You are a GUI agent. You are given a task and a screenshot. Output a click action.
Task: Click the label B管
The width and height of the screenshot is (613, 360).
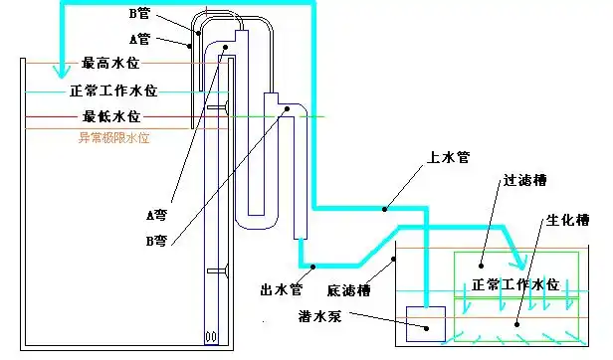click(143, 16)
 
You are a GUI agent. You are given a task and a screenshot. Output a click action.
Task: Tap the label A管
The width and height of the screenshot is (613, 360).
click(139, 40)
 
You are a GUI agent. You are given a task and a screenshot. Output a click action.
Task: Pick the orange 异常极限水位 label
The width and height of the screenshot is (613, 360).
click(113, 138)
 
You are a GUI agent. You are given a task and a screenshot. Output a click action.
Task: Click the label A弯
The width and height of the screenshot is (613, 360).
click(156, 214)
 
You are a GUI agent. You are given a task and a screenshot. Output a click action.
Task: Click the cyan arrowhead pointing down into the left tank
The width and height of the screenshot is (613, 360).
click(63, 71)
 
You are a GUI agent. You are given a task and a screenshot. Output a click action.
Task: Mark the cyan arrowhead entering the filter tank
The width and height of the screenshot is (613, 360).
click(519, 264)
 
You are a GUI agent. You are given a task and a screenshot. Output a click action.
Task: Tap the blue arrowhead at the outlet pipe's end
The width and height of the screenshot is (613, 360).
click(311, 267)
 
